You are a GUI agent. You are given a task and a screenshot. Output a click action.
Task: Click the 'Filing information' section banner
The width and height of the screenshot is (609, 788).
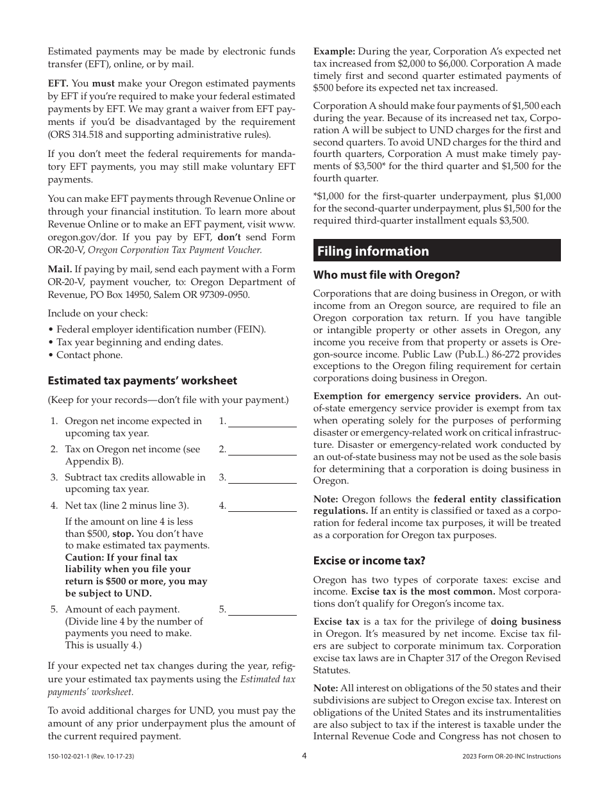[x=437, y=250]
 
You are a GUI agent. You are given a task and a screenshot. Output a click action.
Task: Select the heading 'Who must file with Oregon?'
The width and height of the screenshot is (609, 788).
[x=387, y=275]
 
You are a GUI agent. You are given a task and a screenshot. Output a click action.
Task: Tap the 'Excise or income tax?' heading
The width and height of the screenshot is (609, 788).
[x=369, y=561]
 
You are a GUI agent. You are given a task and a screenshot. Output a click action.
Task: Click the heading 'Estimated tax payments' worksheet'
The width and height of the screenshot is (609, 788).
[x=142, y=381]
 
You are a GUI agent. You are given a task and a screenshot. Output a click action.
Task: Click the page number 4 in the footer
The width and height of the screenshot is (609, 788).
[x=304, y=756]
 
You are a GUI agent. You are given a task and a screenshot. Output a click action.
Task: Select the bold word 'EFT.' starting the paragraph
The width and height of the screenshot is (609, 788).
[x=58, y=83]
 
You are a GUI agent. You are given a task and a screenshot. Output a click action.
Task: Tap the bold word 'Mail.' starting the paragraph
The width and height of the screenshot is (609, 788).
[x=60, y=270]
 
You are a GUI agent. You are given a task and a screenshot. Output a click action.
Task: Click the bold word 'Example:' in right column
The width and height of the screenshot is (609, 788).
[x=334, y=51]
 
